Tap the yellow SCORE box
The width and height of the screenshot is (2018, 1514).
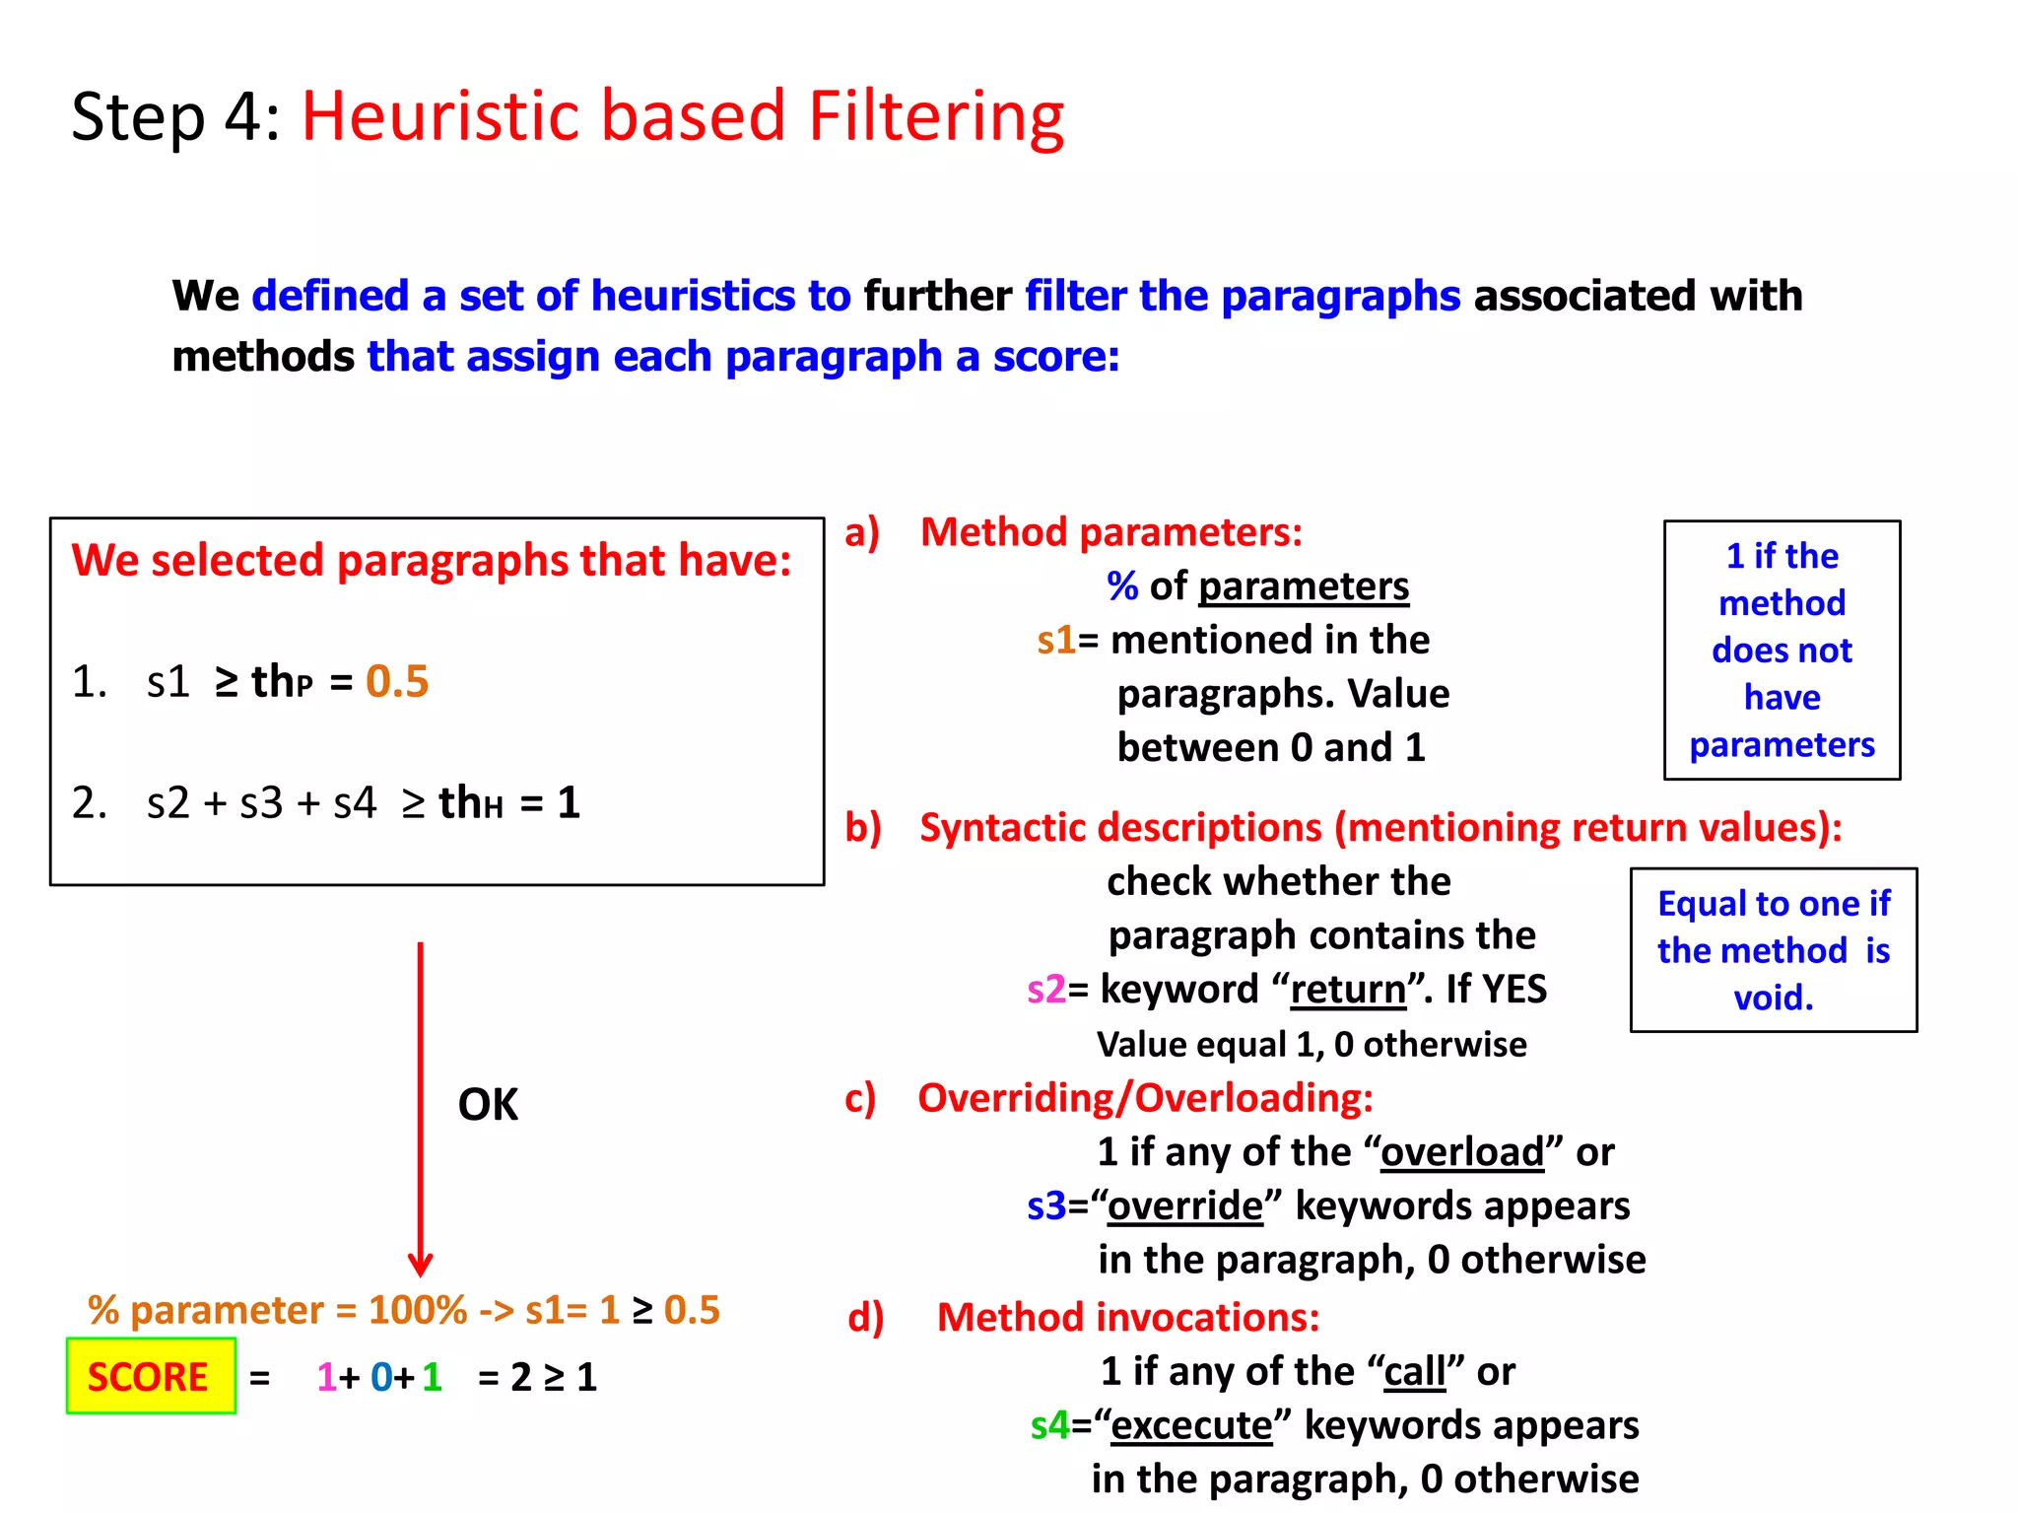click(x=150, y=1376)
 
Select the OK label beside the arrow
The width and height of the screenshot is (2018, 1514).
click(x=488, y=1104)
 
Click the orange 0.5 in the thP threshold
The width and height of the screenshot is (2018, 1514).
click(x=397, y=681)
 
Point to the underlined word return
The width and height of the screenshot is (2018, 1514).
click(x=1348, y=989)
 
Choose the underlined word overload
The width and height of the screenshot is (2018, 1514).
click(x=1462, y=1151)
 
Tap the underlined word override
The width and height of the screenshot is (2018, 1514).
click(x=1185, y=1205)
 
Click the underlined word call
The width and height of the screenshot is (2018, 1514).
click(x=1414, y=1371)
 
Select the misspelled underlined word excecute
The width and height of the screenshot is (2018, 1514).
click(x=1191, y=1425)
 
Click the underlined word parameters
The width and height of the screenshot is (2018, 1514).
click(x=1304, y=586)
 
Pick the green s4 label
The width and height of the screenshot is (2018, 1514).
click(x=1049, y=1425)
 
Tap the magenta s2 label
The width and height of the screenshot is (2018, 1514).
click(x=1046, y=989)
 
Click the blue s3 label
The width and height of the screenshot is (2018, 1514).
click(x=1046, y=1205)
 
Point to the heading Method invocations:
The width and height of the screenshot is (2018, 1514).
click(x=1127, y=1317)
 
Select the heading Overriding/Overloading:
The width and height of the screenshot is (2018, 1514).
click(x=1145, y=1097)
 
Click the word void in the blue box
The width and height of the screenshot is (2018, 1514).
click(x=1773, y=998)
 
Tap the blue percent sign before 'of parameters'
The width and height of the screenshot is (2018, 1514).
click(x=1122, y=586)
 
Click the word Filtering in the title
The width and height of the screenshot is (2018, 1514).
click(x=936, y=116)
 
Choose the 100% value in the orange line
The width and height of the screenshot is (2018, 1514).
click(x=418, y=1310)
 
